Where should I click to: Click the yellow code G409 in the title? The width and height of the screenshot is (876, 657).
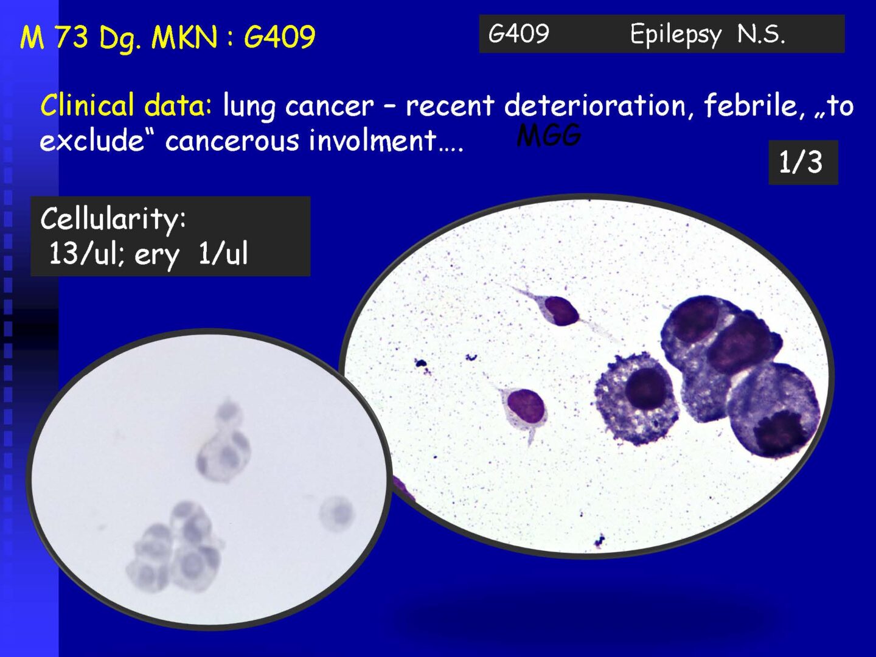click(x=279, y=36)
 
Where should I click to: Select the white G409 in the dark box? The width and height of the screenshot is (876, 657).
click(x=518, y=33)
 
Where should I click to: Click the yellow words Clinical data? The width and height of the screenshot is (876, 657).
click(x=126, y=105)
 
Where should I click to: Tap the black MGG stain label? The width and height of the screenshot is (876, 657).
click(x=549, y=136)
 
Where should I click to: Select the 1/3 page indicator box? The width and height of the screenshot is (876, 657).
click(x=803, y=162)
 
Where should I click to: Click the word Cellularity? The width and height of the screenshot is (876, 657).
click(x=113, y=220)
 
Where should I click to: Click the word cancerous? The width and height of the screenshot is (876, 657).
click(x=232, y=141)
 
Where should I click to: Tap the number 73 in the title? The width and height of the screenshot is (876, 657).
click(x=71, y=36)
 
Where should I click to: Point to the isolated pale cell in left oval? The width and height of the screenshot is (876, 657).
click(x=336, y=513)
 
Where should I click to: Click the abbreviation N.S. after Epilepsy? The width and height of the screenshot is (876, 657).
click(x=760, y=34)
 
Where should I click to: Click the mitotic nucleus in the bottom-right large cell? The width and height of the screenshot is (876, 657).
click(x=775, y=433)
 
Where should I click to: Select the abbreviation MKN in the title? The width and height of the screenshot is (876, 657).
click(x=184, y=37)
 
